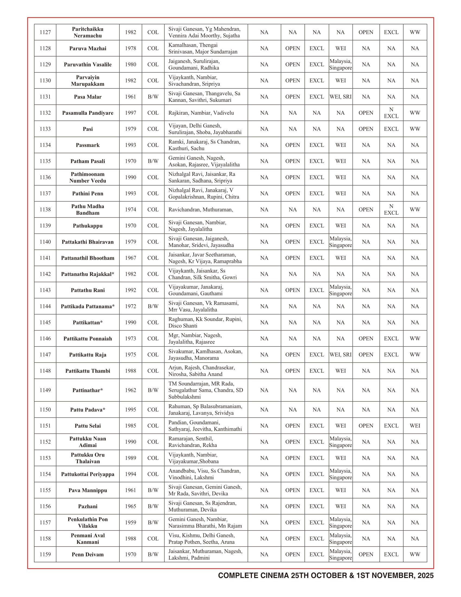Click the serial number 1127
45,32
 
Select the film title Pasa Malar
88,97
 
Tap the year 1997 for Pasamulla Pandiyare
130,113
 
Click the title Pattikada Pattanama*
88,306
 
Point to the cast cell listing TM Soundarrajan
206,390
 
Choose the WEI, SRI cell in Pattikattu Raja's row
341,355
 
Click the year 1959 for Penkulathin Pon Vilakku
130,522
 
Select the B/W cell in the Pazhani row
153,506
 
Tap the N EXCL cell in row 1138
391,210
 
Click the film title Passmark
88,145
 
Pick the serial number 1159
45,554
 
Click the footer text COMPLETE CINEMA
253,575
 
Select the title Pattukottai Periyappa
88,474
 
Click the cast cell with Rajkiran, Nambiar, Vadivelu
201,113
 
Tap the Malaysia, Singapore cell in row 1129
341,65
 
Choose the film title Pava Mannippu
88,490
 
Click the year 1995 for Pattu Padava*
130,409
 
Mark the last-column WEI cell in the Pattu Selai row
415,425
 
